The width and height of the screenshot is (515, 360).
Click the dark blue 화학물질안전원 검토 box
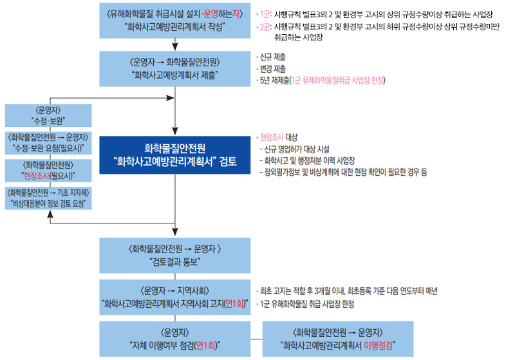pos(174,155)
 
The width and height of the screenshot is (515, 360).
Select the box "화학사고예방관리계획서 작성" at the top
pos(174,21)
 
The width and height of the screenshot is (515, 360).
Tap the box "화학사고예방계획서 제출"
pos(174,69)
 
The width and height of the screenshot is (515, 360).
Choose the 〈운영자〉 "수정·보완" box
pos(48,116)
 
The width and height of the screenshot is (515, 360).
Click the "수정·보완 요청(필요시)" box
pos(48,143)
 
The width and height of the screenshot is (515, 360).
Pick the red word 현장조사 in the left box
pos(36,176)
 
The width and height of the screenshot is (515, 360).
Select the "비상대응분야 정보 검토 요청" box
pos(48,198)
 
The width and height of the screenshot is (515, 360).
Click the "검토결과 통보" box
pos(174,255)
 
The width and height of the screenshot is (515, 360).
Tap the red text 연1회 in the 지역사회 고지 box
pos(235,303)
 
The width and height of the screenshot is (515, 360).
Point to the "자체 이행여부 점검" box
pos(174,339)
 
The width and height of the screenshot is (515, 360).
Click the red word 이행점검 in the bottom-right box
pos(378,345)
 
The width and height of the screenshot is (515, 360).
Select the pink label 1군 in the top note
pos(265,14)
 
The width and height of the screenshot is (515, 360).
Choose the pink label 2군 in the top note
pos(265,26)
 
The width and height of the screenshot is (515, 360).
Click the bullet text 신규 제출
pos(272,57)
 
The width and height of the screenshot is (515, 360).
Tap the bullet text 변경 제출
pos(272,69)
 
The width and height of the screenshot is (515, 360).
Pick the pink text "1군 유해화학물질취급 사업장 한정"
pos(337,81)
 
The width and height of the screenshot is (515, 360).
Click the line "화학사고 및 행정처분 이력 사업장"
pos(310,160)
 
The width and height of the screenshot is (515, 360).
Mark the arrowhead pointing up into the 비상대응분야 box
pos(50,214)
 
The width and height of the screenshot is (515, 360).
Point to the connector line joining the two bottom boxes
pos(256,339)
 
